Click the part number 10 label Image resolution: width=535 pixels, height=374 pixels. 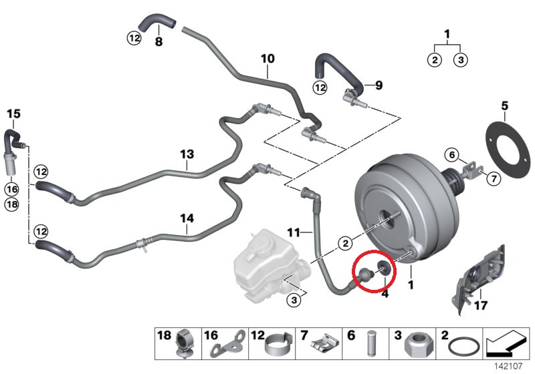click(x=267, y=59)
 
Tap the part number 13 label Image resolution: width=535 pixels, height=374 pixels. click(x=187, y=154)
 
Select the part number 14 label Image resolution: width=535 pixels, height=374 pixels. click(x=187, y=218)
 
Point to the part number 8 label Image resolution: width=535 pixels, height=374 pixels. click(x=158, y=41)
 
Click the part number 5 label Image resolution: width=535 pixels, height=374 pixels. click(x=505, y=106)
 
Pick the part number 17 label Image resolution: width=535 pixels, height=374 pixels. click(x=480, y=305)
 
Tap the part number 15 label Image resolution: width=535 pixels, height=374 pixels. click(x=13, y=114)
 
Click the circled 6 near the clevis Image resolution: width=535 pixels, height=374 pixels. click(x=452, y=156)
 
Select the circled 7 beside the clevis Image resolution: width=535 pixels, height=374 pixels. click(x=494, y=178)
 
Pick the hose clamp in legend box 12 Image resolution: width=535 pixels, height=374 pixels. click(x=278, y=345)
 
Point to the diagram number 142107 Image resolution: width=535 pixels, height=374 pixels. click(x=509, y=367)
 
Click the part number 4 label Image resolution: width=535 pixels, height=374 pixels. click(x=385, y=293)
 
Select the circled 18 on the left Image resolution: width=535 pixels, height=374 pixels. click(x=12, y=204)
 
